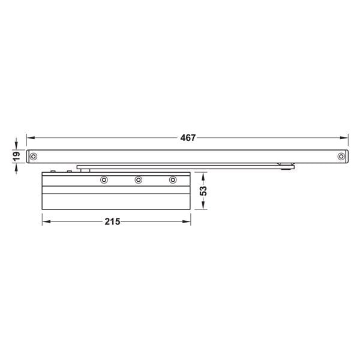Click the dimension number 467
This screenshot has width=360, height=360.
(188, 137)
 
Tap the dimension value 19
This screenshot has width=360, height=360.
(17, 155)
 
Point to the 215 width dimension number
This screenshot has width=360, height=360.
(112, 221)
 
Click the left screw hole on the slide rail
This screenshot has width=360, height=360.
(34, 157)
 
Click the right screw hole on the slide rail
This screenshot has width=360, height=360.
(341, 157)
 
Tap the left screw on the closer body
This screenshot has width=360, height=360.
(104, 179)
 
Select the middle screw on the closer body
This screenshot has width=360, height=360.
(139, 179)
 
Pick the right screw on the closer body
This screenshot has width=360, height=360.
(173, 179)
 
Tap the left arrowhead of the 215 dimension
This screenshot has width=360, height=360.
(45, 221)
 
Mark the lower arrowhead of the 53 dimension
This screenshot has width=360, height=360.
(204, 207)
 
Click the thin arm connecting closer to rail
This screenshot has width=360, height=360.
(180, 165)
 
